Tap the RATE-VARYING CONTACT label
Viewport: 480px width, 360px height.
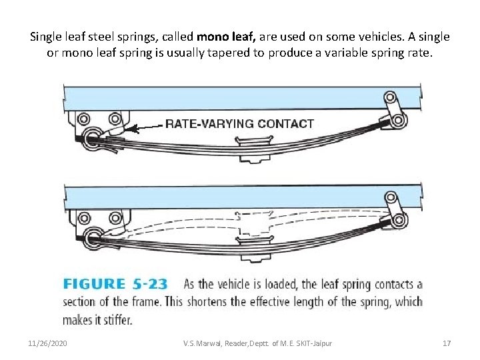click(239, 123)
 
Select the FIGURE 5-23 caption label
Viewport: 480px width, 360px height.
click(115, 285)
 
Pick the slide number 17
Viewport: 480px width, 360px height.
click(447, 343)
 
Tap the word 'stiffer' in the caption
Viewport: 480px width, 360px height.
click(115, 320)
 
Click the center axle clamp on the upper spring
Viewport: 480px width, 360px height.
click(255, 141)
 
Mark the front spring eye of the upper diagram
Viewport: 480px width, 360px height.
click(91, 138)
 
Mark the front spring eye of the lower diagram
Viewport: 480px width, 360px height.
click(91, 235)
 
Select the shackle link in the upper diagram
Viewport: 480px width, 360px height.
click(393, 109)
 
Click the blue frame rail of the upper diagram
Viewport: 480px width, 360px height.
click(240, 97)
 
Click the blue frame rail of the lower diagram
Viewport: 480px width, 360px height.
click(240, 197)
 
